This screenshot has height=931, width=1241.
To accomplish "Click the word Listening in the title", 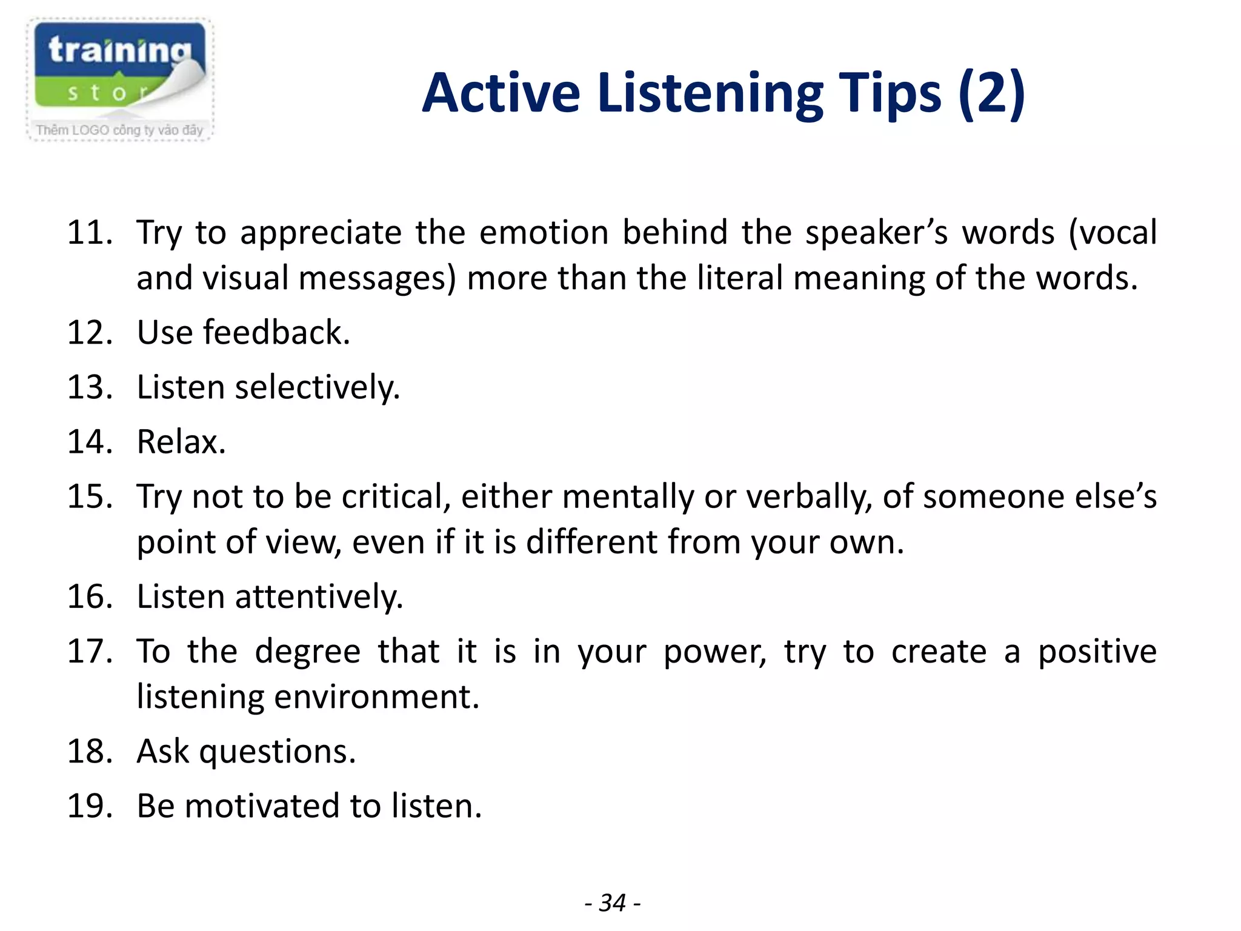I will (709, 94).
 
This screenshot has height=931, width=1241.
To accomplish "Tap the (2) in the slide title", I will (991, 94).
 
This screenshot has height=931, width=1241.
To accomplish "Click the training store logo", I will (120, 70).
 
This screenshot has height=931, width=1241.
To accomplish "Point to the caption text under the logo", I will (119, 130).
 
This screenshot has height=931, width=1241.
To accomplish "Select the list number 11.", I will (90, 233).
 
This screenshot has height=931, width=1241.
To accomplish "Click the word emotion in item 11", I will (544, 233).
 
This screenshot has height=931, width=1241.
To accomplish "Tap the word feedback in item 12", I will (276, 332).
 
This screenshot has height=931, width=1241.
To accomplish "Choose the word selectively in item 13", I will (317, 387).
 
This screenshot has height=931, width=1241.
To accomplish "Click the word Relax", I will (181, 442).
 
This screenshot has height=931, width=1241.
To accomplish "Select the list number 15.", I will (90, 496).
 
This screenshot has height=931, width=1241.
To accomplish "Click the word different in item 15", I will (591, 542).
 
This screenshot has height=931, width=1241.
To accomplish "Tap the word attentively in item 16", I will (319, 596).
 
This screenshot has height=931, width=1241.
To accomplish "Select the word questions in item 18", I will (277, 752).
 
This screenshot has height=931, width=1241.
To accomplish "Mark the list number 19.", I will (90, 806).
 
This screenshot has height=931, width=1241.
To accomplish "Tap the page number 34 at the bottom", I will (612, 903).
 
